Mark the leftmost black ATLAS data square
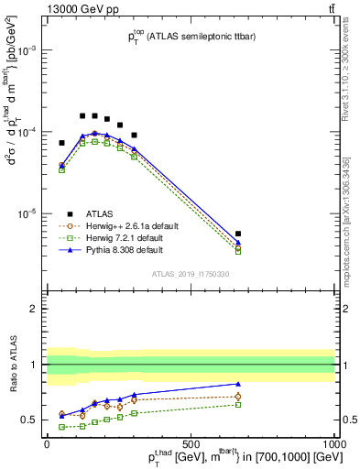[x=62, y=143]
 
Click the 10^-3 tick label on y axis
[x=27, y=51]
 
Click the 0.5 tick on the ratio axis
[x=33, y=420]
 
